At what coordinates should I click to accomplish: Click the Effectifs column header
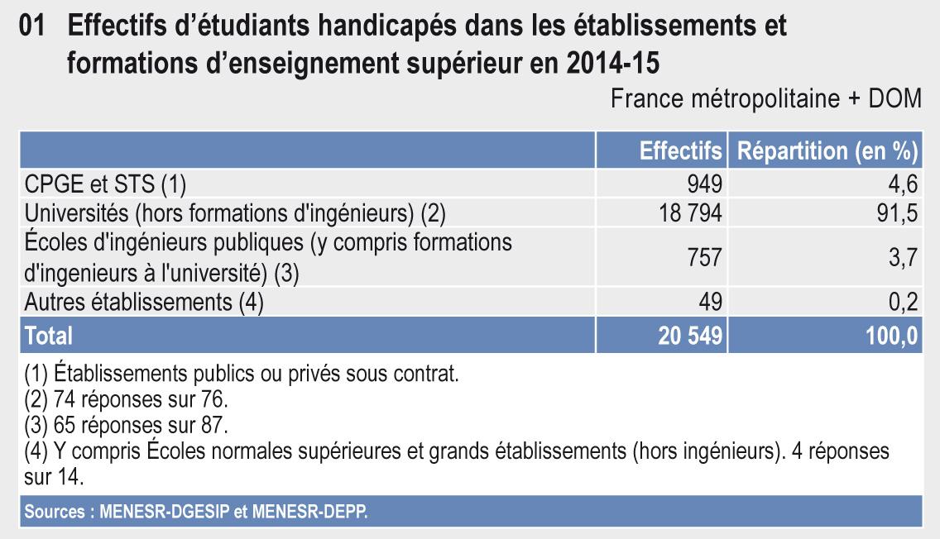point(680,152)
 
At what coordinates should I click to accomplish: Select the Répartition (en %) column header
point(827,152)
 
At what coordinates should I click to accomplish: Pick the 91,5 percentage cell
point(899,213)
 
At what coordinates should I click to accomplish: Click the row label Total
point(49,335)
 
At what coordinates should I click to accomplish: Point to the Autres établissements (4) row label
point(144,303)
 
